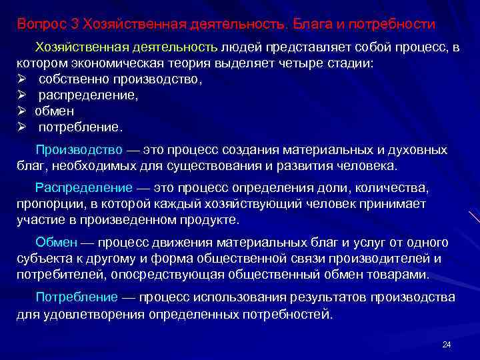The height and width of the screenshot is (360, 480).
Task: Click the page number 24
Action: (447, 344)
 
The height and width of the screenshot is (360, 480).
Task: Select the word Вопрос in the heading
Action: (41, 25)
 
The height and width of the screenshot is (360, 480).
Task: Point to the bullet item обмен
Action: (55, 110)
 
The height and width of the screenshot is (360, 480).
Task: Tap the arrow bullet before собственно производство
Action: (21, 79)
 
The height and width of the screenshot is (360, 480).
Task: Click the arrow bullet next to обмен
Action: (21, 110)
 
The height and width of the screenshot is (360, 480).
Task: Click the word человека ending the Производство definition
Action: (367, 166)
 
